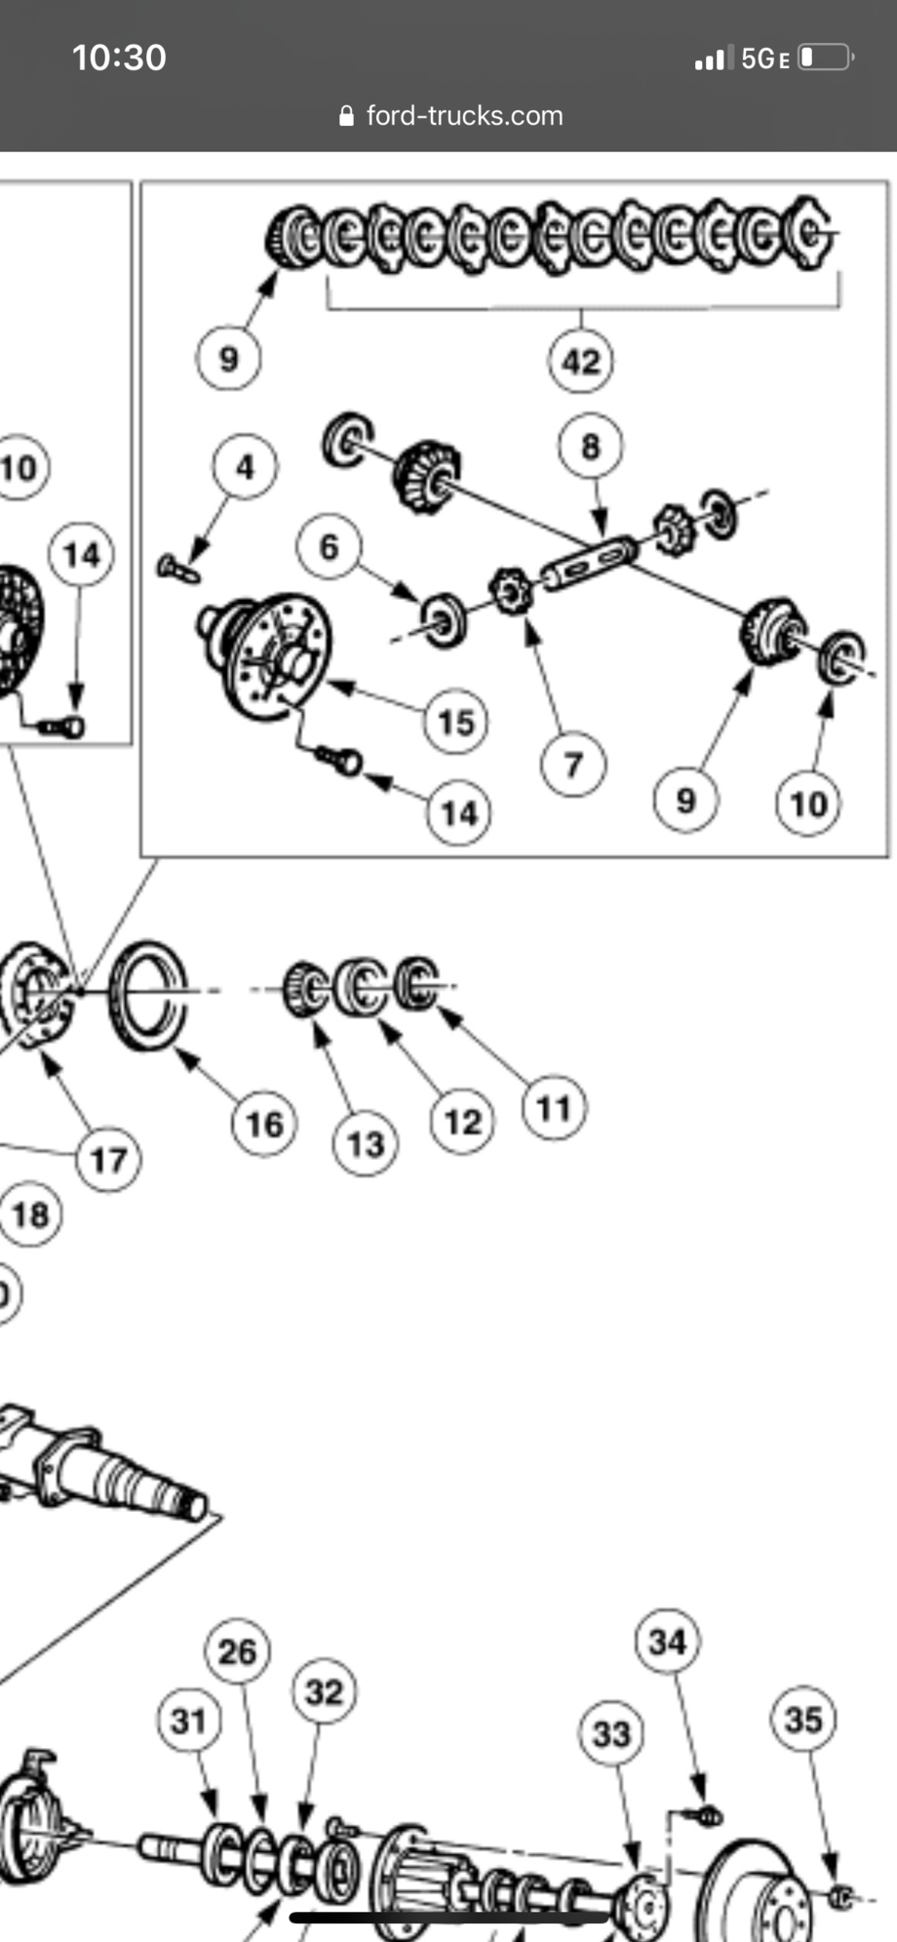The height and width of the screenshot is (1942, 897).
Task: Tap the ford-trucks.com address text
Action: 464,116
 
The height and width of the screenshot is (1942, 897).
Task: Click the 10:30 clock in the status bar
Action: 119,58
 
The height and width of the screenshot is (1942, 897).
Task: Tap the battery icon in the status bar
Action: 825,58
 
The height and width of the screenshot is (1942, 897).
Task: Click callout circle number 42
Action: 581,362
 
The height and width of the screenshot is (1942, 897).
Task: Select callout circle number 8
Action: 591,447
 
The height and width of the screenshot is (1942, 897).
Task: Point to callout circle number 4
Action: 245,467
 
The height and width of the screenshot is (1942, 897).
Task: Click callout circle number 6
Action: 330,547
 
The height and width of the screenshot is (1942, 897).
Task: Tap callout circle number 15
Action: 456,723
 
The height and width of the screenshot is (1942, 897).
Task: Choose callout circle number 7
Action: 573,765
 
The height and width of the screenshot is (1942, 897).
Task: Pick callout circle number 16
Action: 264,1125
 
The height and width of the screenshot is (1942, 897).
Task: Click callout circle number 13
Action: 366,1144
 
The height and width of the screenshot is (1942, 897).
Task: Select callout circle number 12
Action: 463,1123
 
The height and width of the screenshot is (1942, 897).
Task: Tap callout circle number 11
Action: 554,1108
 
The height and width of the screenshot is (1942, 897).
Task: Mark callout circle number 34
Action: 668,1642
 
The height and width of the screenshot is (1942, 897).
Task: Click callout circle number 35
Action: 803,1720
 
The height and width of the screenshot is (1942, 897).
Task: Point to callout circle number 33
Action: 611,1733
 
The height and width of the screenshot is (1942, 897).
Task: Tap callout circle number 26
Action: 237,1651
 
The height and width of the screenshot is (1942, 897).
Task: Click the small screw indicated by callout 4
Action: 178,569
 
